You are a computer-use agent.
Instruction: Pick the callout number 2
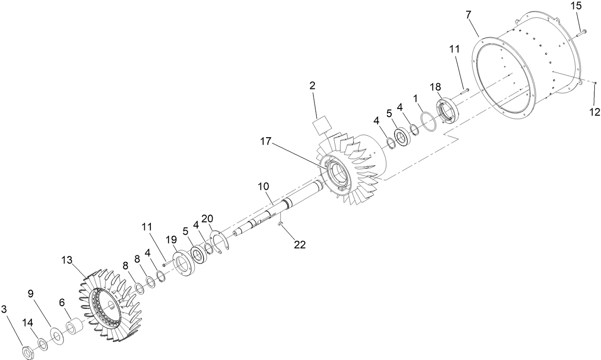(x=312, y=86)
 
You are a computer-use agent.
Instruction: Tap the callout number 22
(x=300, y=244)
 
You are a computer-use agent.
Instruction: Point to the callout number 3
(x=4, y=310)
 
